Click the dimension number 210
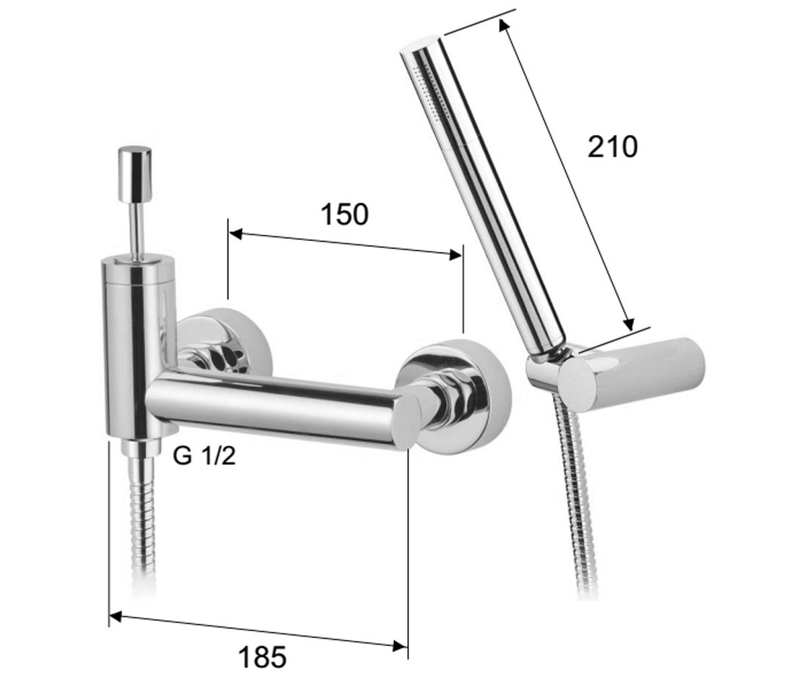612,147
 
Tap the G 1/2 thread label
204,456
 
